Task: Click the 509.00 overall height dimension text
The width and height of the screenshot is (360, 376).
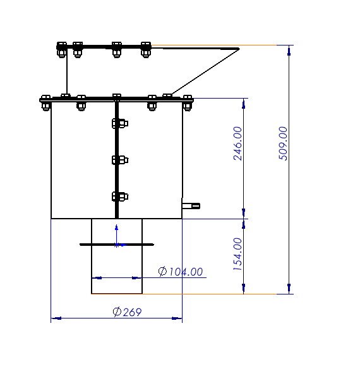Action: (x=283, y=143)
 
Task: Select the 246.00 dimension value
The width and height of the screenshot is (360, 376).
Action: (x=237, y=143)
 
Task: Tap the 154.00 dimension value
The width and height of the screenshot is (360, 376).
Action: (x=237, y=254)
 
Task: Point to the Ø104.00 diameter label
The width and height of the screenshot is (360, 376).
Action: (x=181, y=272)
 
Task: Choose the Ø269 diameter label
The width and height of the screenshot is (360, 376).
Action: (x=127, y=312)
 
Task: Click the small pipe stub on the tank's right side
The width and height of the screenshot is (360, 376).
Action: (x=191, y=206)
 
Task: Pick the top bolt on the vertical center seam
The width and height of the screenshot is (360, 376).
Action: (x=120, y=123)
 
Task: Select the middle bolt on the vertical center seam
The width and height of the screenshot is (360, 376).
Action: (x=120, y=160)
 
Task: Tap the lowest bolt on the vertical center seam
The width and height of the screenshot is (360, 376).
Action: (x=120, y=197)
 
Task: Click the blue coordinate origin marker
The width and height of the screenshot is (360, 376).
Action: (x=116, y=245)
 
